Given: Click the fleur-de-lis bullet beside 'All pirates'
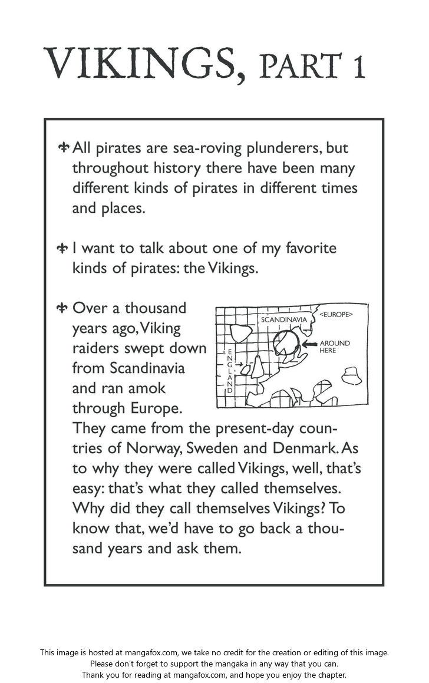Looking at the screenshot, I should [x=64, y=147].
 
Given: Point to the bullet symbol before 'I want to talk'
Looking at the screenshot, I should [x=64, y=248].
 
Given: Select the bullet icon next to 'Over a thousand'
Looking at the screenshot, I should [x=64, y=308].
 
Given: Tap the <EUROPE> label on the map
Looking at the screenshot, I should [x=336, y=315].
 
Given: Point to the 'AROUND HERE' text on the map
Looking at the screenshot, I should [x=334, y=347].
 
